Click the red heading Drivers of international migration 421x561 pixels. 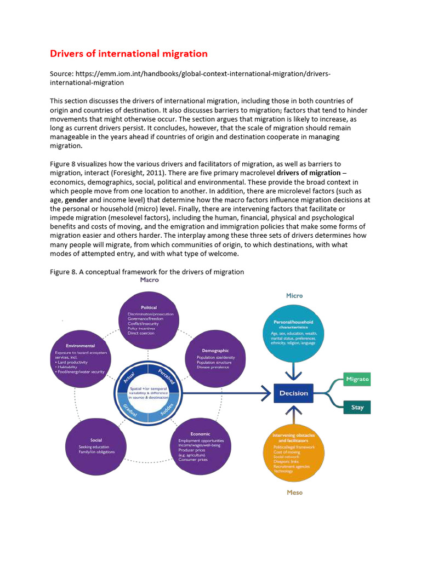[x=129, y=54]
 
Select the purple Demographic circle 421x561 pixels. [x=214, y=359]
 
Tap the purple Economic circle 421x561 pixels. [x=201, y=446]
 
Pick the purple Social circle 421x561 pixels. [x=96, y=446]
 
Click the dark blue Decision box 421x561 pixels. [x=293, y=393]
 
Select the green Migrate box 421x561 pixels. [x=357, y=379]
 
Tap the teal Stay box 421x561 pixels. [x=357, y=408]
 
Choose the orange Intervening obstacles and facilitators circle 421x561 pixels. [x=294, y=451]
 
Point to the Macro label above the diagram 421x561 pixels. [x=149, y=280]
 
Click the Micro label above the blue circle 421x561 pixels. [x=294, y=296]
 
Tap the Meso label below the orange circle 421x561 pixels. [x=294, y=493]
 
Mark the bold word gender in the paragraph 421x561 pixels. [x=76, y=201]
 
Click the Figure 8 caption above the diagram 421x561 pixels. [x=147, y=272]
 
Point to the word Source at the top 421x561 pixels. [x=62, y=74]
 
